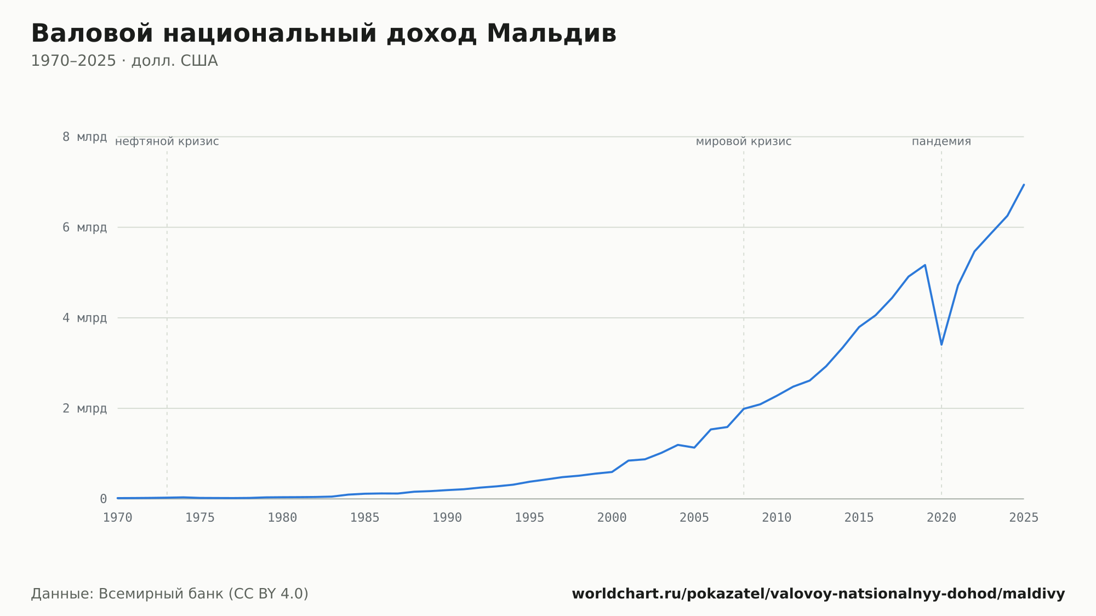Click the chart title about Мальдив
(x=324, y=34)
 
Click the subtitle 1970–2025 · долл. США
(x=124, y=61)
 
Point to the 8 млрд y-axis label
(x=84, y=137)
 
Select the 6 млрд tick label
(x=84, y=227)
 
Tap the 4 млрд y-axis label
(x=84, y=318)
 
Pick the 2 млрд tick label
(x=84, y=408)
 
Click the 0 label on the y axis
(x=103, y=499)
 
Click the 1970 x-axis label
(x=118, y=518)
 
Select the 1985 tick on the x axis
(x=365, y=518)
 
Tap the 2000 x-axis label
(x=612, y=518)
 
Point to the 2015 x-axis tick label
(x=859, y=518)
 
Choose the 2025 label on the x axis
(x=1024, y=518)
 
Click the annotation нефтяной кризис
(x=167, y=141)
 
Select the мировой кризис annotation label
(x=744, y=141)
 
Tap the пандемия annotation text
(x=941, y=141)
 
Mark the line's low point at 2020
(x=941, y=344)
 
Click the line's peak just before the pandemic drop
(x=925, y=265)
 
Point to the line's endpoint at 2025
(x=1024, y=185)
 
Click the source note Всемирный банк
(x=170, y=594)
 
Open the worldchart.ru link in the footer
(x=818, y=594)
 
